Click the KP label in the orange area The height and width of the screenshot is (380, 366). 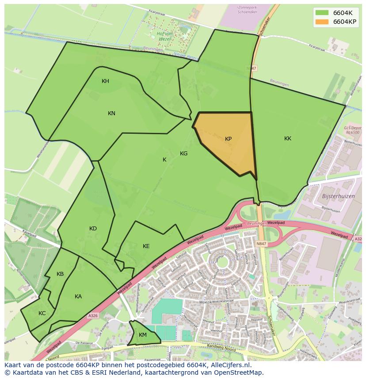point(228,139)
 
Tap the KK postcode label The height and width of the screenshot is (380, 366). point(288,139)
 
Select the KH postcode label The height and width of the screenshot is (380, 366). point(105,81)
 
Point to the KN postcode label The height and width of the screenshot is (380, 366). point(111,113)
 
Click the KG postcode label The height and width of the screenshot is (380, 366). point(183,154)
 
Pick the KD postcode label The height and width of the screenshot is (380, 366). point(93,229)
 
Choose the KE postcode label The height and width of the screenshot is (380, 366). point(146,246)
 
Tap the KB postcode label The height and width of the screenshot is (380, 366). point(60,274)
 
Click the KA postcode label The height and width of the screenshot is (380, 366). point(78,297)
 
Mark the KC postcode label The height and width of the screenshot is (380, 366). point(42,313)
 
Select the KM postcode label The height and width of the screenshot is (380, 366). point(142,335)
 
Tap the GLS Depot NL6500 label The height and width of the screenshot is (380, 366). point(352,130)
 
